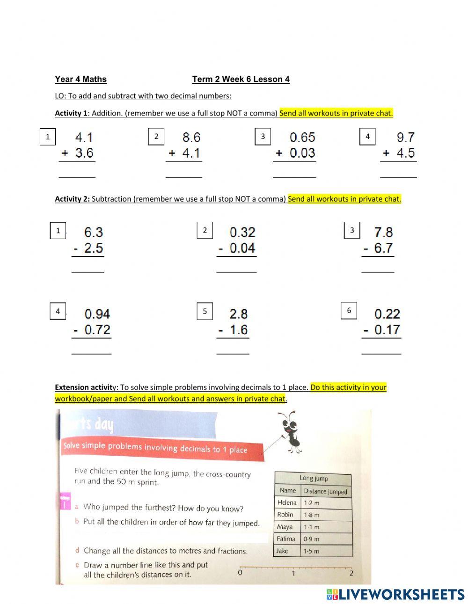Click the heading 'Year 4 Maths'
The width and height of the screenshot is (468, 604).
[80, 79]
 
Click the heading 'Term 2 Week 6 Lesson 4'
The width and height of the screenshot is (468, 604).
[241, 79]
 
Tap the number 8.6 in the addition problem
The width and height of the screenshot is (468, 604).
[191, 137]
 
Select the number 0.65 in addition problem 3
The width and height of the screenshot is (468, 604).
[302, 137]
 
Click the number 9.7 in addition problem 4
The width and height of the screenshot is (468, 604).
[405, 137]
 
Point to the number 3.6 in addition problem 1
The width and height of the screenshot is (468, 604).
[84, 153]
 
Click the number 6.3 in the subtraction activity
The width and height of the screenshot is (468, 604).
[94, 232]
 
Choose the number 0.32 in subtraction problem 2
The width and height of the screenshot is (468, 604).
[242, 232]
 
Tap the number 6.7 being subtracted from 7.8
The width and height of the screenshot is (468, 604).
[383, 248]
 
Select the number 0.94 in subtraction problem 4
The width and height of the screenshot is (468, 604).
[97, 313]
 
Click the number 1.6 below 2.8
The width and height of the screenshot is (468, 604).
[238, 330]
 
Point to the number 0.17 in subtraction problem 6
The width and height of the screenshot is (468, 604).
[387, 330]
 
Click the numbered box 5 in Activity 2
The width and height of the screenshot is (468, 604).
[205, 311]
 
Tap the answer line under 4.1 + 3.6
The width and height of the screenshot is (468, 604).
[77, 177]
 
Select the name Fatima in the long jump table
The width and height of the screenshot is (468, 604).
[285, 539]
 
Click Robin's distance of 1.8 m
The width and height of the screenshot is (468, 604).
[312, 515]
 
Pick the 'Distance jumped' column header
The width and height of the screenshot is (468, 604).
[325, 491]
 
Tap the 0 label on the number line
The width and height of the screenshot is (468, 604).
[240, 572]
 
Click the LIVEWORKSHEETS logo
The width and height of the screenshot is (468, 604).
[395, 594]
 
